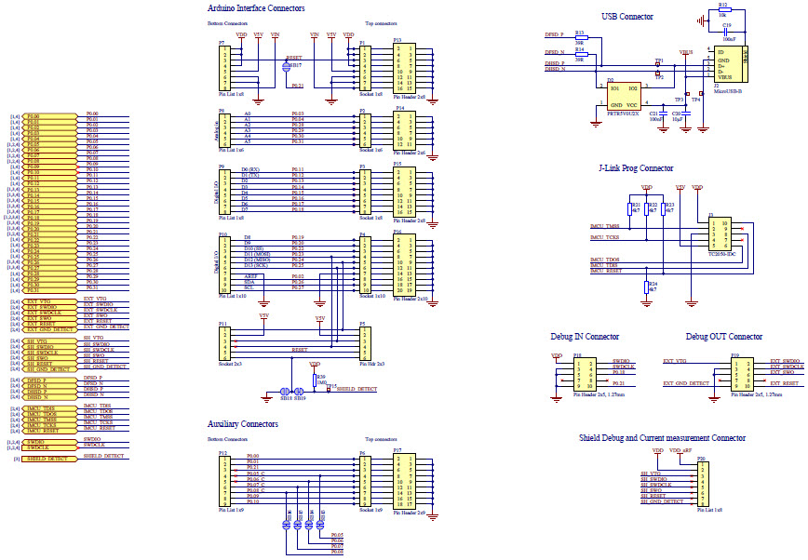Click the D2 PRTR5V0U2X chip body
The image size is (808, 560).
(624, 97)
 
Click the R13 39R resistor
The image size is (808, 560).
(579, 38)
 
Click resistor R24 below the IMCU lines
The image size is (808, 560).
(647, 287)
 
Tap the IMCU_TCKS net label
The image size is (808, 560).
(605, 238)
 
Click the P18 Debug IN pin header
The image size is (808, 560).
(586, 373)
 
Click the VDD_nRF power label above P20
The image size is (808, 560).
(680, 450)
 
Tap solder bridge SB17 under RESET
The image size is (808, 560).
(289, 66)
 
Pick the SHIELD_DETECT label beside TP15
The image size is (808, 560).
(355, 389)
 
